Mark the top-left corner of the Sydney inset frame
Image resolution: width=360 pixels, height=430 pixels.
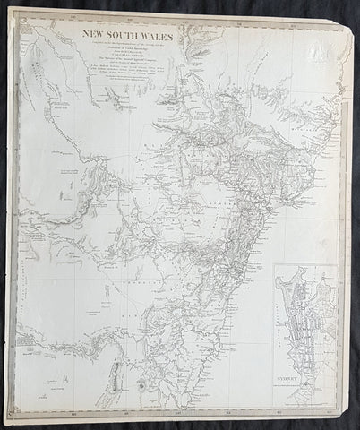pyautogui.click(x=274, y=265)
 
